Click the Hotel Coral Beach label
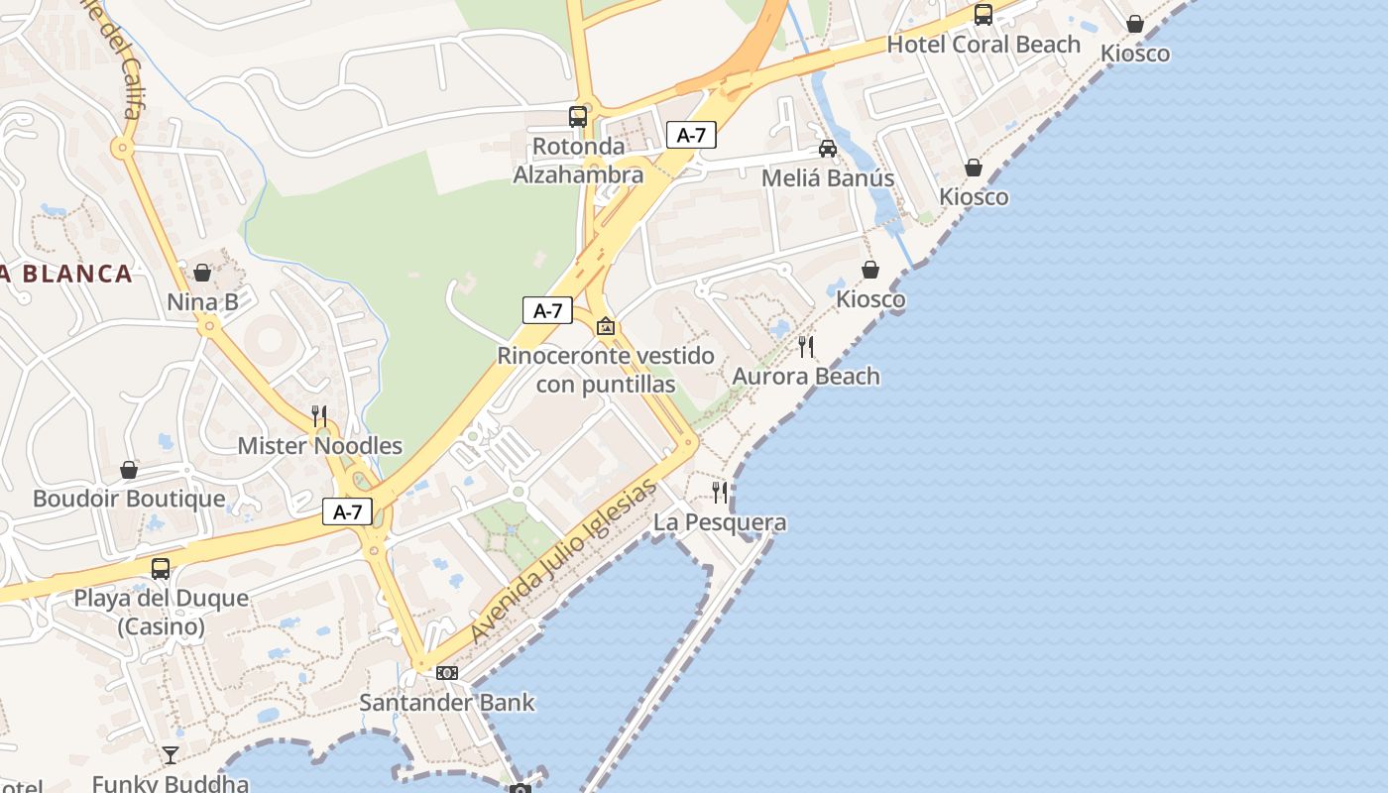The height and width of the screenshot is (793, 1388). (x=983, y=45)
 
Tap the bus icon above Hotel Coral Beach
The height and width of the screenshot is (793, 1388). (x=983, y=14)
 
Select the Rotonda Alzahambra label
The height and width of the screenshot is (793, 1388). (x=578, y=161)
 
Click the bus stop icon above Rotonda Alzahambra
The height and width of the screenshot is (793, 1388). (x=578, y=116)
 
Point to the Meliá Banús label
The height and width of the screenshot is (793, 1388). (x=828, y=178)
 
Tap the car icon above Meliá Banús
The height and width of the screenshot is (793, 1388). (x=828, y=149)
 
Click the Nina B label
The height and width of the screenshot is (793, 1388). (x=202, y=301)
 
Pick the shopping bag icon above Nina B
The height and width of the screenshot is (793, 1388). (x=202, y=272)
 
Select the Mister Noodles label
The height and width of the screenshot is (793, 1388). (x=319, y=446)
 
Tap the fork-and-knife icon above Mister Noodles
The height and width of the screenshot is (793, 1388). (x=319, y=415)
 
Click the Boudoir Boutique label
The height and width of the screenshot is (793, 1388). (x=129, y=499)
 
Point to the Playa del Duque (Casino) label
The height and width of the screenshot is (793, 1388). (x=161, y=612)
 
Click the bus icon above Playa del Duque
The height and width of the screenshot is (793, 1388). (x=161, y=569)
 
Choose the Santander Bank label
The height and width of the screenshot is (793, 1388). (x=446, y=703)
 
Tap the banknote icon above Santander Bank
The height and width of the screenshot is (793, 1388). (x=447, y=673)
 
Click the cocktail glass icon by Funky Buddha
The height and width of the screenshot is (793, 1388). (x=171, y=755)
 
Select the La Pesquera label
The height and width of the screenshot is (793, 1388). (x=720, y=522)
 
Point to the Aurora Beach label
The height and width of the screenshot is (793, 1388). (x=806, y=377)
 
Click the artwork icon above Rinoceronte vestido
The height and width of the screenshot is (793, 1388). (x=606, y=326)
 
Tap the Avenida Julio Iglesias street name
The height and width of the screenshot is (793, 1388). (x=563, y=560)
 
